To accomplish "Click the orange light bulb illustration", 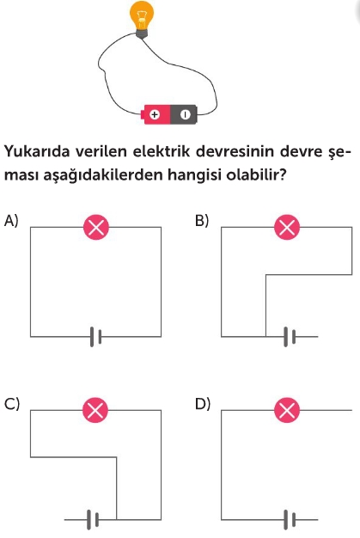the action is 141,19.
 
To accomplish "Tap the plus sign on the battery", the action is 155,114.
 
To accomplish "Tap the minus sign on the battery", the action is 185,114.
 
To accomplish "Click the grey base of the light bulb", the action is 141,34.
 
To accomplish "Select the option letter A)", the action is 10,221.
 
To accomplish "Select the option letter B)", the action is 202,221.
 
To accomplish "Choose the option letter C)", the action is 12,404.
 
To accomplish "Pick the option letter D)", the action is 202,404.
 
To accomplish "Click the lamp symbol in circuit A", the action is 96,227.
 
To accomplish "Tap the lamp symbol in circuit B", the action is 287,227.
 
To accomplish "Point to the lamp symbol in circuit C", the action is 95,410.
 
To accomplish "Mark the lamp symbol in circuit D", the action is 287,410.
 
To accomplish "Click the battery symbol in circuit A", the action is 95,337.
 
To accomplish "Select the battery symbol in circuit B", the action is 290,337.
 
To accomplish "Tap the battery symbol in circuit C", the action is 93,519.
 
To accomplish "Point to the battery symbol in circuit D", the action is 290,519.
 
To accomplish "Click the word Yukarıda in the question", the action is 37,151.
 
